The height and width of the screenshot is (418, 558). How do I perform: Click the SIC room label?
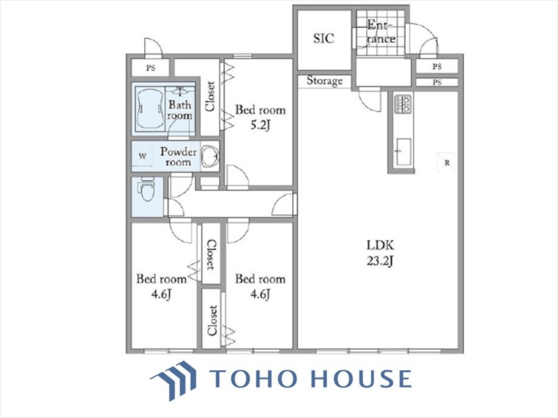point(324,38)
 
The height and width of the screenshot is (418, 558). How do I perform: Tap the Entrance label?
point(381,32)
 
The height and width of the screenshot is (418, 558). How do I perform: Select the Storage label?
point(325,81)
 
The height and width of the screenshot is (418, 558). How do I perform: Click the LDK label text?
point(380,245)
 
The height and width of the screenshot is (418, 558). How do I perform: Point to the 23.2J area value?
point(380,261)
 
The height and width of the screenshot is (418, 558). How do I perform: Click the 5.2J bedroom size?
point(260,125)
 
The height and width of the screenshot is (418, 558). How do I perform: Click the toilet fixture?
point(147,190)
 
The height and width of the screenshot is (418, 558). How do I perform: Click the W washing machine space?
point(142,156)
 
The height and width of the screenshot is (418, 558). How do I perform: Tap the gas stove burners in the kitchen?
point(403,104)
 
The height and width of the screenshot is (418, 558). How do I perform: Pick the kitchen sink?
point(403,152)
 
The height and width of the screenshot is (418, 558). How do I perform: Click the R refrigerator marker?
point(447,163)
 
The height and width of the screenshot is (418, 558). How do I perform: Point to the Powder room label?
point(178,157)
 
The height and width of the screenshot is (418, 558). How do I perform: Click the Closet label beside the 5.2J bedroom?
point(211,96)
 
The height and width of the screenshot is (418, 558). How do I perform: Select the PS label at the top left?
point(151,68)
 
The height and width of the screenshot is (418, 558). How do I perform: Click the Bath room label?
point(180,110)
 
